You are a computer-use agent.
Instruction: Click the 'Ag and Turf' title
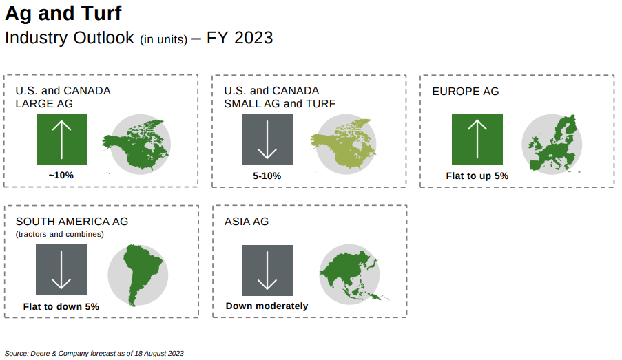[63, 14]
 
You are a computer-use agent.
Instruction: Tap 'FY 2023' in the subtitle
[240, 38]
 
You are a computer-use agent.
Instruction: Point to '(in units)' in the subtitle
[163, 40]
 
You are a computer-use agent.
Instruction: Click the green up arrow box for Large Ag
[61, 140]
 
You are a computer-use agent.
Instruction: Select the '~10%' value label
[61, 176]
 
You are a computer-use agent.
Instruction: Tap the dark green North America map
[137, 145]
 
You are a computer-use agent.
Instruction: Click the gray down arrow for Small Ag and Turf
[267, 140]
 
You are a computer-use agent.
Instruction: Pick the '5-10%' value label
[267, 176]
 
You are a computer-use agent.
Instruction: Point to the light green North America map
[344, 145]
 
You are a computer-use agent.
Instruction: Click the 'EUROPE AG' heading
[466, 92]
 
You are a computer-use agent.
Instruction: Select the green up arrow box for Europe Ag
[477, 139]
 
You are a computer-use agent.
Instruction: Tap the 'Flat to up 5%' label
[477, 176]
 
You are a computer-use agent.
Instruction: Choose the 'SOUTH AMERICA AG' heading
[72, 222]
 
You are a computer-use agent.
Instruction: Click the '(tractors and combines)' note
[60, 234]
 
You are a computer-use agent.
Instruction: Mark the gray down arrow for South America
[61, 270]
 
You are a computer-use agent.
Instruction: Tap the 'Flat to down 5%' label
[61, 307]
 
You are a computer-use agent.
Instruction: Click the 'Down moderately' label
[267, 306]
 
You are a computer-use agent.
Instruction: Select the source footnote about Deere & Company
[94, 354]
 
